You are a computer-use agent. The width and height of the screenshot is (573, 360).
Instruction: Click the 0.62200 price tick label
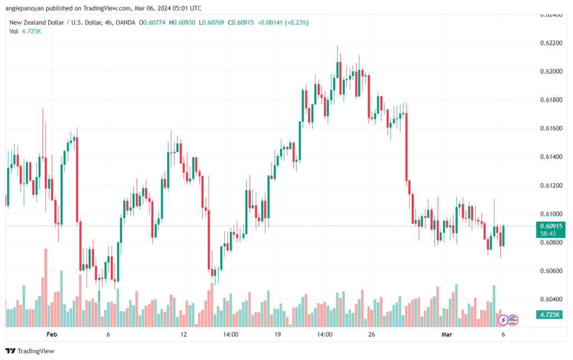point(551,43)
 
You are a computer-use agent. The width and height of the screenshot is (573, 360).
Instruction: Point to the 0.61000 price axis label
point(551,214)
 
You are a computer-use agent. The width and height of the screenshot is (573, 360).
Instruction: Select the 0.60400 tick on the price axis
point(551,300)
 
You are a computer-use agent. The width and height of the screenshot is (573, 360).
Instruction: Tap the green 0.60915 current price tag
point(551,230)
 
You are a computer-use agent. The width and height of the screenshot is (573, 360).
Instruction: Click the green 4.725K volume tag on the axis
point(549,315)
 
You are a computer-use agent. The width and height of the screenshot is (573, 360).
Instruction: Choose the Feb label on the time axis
point(52,334)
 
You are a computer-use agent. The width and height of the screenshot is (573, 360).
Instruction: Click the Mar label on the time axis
point(447,334)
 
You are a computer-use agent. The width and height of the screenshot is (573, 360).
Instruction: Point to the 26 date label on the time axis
point(372,334)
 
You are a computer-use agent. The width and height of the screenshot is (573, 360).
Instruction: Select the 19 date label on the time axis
point(278,334)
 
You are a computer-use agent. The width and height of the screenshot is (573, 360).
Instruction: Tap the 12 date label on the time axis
point(184,334)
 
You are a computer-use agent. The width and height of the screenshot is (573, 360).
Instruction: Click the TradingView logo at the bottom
point(30,351)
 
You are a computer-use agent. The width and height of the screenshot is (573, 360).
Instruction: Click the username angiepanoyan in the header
point(24,8)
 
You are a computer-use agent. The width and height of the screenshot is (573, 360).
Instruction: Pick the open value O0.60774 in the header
point(152,22)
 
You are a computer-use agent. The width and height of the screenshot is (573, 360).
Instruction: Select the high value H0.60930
point(182,22)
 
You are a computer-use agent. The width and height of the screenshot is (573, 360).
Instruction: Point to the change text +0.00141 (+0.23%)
point(283,22)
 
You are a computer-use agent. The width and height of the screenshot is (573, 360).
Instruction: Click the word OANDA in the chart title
point(125,22)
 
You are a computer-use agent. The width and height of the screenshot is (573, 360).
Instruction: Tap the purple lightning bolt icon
point(503,320)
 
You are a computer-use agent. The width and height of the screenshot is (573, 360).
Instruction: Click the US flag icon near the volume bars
point(513,320)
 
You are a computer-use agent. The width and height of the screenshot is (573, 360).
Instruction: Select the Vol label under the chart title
point(14,31)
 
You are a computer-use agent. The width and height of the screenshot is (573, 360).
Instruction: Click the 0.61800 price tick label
point(551,100)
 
